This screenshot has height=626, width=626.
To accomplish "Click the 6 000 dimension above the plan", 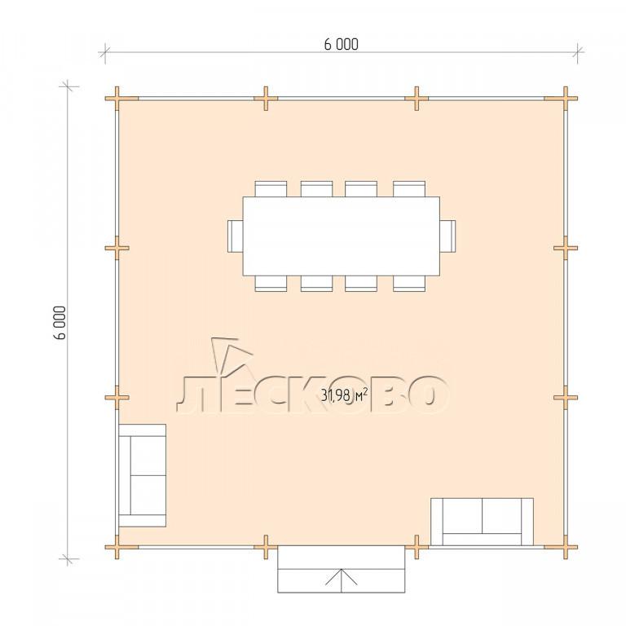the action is [x=341, y=44].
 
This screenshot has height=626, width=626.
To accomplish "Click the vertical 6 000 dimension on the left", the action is [x=60, y=323].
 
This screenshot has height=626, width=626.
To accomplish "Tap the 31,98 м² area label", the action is [x=344, y=395].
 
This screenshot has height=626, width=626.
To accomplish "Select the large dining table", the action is [x=342, y=236].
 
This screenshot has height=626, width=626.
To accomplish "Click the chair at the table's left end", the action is [x=235, y=236].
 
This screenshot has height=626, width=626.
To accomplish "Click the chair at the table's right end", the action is [x=447, y=236].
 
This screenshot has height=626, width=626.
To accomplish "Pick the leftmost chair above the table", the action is [x=271, y=189].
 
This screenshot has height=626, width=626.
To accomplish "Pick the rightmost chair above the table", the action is [x=409, y=189].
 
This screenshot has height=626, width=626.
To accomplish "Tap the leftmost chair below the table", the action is [x=271, y=284].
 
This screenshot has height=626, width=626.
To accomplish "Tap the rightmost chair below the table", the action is [x=409, y=284].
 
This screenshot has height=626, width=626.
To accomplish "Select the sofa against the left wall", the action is [x=142, y=475].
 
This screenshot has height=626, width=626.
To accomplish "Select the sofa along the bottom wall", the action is [x=482, y=522].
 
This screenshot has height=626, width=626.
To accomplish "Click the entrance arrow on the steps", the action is [x=341, y=580].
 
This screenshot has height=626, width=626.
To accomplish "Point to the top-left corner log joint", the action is [x=117, y=98].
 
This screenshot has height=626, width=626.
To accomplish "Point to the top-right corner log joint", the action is [x=566, y=98].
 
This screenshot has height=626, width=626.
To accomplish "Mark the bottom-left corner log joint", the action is [x=117, y=547].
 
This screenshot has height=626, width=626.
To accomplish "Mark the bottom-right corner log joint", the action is [x=566, y=547].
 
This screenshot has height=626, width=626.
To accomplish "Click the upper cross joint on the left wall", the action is [x=117, y=248].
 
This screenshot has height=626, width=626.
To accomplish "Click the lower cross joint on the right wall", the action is [x=566, y=397].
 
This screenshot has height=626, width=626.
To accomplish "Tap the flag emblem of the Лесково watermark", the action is [x=231, y=355].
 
